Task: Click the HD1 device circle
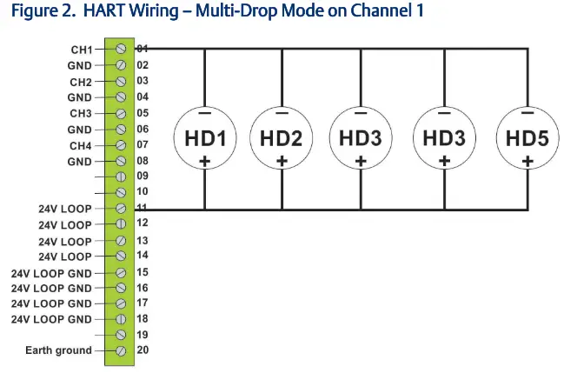click(x=205, y=137)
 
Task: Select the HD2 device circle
click(x=281, y=137)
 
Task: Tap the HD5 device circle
click(x=527, y=137)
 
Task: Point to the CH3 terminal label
click(x=80, y=113)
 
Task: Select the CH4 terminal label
click(x=80, y=145)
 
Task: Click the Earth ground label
click(x=59, y=350)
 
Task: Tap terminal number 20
click(x=143, y=350)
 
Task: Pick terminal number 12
click(x=143, y=224)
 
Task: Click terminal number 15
click(x=143, y=272)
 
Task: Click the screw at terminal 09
click(x=121, y=177)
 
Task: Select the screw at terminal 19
click(x=121, y=335)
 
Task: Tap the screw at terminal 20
click(x=121, y=350)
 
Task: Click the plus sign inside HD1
click(x=205, y=161)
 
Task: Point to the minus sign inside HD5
click(x=527, y=113)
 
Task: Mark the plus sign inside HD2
click(x=281, y=161)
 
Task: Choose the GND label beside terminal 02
click(x=79, y=65)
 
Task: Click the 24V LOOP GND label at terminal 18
click(x=51, y=319)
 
